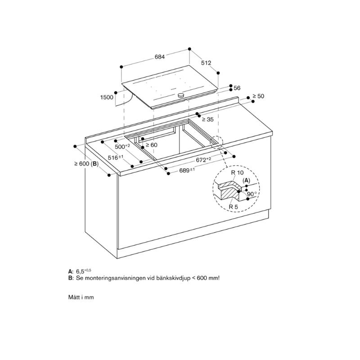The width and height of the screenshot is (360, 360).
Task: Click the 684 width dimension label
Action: point(159,57)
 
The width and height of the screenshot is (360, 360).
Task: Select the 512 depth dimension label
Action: point(206,63)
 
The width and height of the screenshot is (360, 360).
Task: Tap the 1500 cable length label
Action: point(107,97)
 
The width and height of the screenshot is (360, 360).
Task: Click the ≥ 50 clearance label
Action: point(258,96)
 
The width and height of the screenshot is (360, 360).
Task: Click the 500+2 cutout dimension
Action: point(122,147)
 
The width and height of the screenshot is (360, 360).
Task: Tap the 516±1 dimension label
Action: point(116,157)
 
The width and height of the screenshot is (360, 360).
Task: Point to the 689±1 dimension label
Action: point(187,171)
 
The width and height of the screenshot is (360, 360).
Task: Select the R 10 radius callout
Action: point(236,172)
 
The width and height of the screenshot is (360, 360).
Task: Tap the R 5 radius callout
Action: point(233,207)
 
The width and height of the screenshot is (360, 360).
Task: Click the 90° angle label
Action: point(252,195)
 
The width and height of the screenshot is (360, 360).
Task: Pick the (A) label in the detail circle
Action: point(246,180)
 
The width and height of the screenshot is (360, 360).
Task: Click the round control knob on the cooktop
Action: point(181,95)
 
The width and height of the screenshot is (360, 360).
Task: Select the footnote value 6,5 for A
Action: point(81,272)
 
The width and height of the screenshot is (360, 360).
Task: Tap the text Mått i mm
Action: point(81,297)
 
